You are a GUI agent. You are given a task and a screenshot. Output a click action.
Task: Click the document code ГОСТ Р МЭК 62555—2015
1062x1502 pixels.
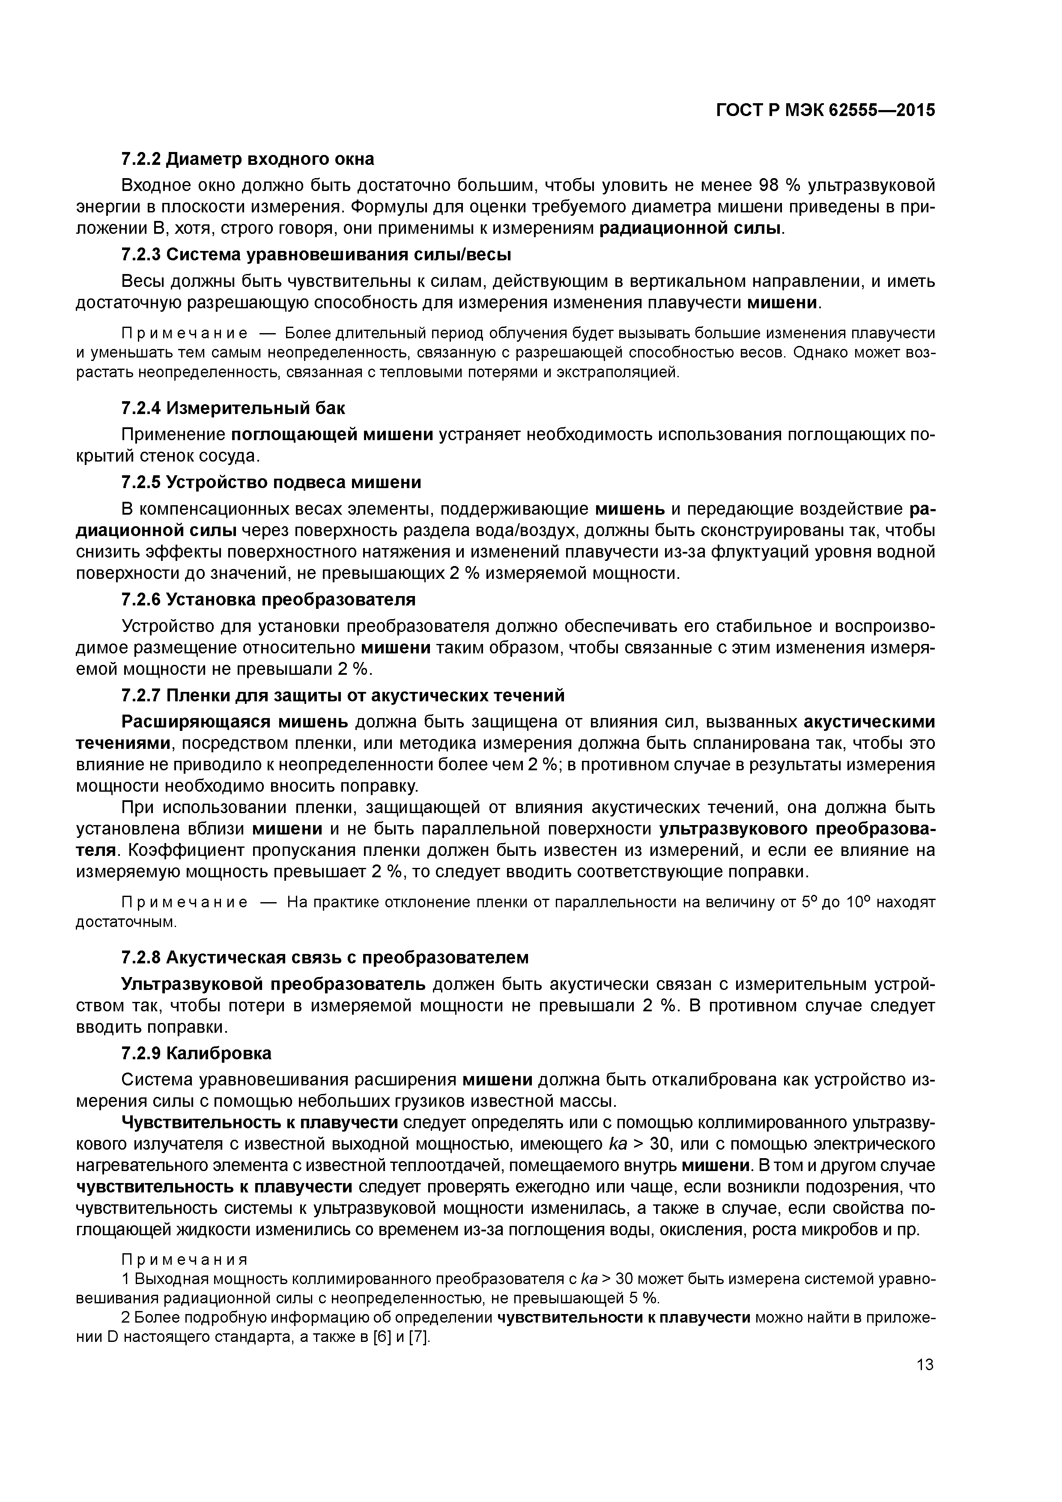825,110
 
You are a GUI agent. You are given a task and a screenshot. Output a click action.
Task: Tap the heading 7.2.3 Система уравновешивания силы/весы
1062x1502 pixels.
316,254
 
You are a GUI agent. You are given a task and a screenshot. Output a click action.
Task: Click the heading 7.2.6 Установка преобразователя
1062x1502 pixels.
268,599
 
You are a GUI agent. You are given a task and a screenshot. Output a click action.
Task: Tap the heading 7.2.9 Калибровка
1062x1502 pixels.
196,1053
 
